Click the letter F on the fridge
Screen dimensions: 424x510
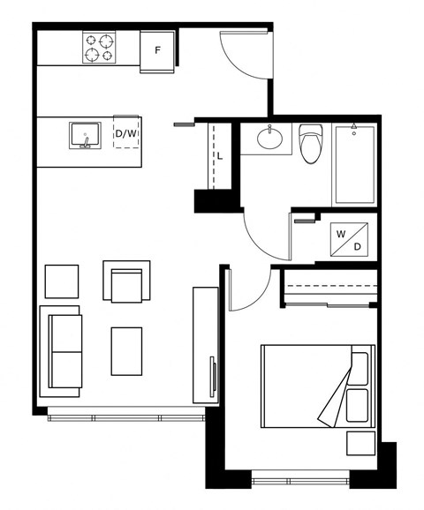point(157,50)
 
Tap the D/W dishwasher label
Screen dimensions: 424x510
point(126,134)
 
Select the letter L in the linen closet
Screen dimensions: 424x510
point(220,156)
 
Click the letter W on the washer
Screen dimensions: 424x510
point(341,234)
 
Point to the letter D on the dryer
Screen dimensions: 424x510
point(357,247)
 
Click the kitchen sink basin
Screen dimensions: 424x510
point(85,135)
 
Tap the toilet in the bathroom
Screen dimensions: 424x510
point(311,144)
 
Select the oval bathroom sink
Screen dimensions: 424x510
point(269,139)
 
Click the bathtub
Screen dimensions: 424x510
point(354,165)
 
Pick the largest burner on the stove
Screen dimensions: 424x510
point(107,41)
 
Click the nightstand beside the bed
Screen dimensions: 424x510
point(360,443)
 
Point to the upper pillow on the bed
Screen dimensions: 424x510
point(360,369)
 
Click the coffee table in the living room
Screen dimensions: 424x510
point(126,351)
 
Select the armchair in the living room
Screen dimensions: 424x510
point(126,281)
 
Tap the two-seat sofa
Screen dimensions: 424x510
point(61,351)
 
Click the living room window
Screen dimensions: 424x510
point(126,418)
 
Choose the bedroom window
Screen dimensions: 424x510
point(300,481)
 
